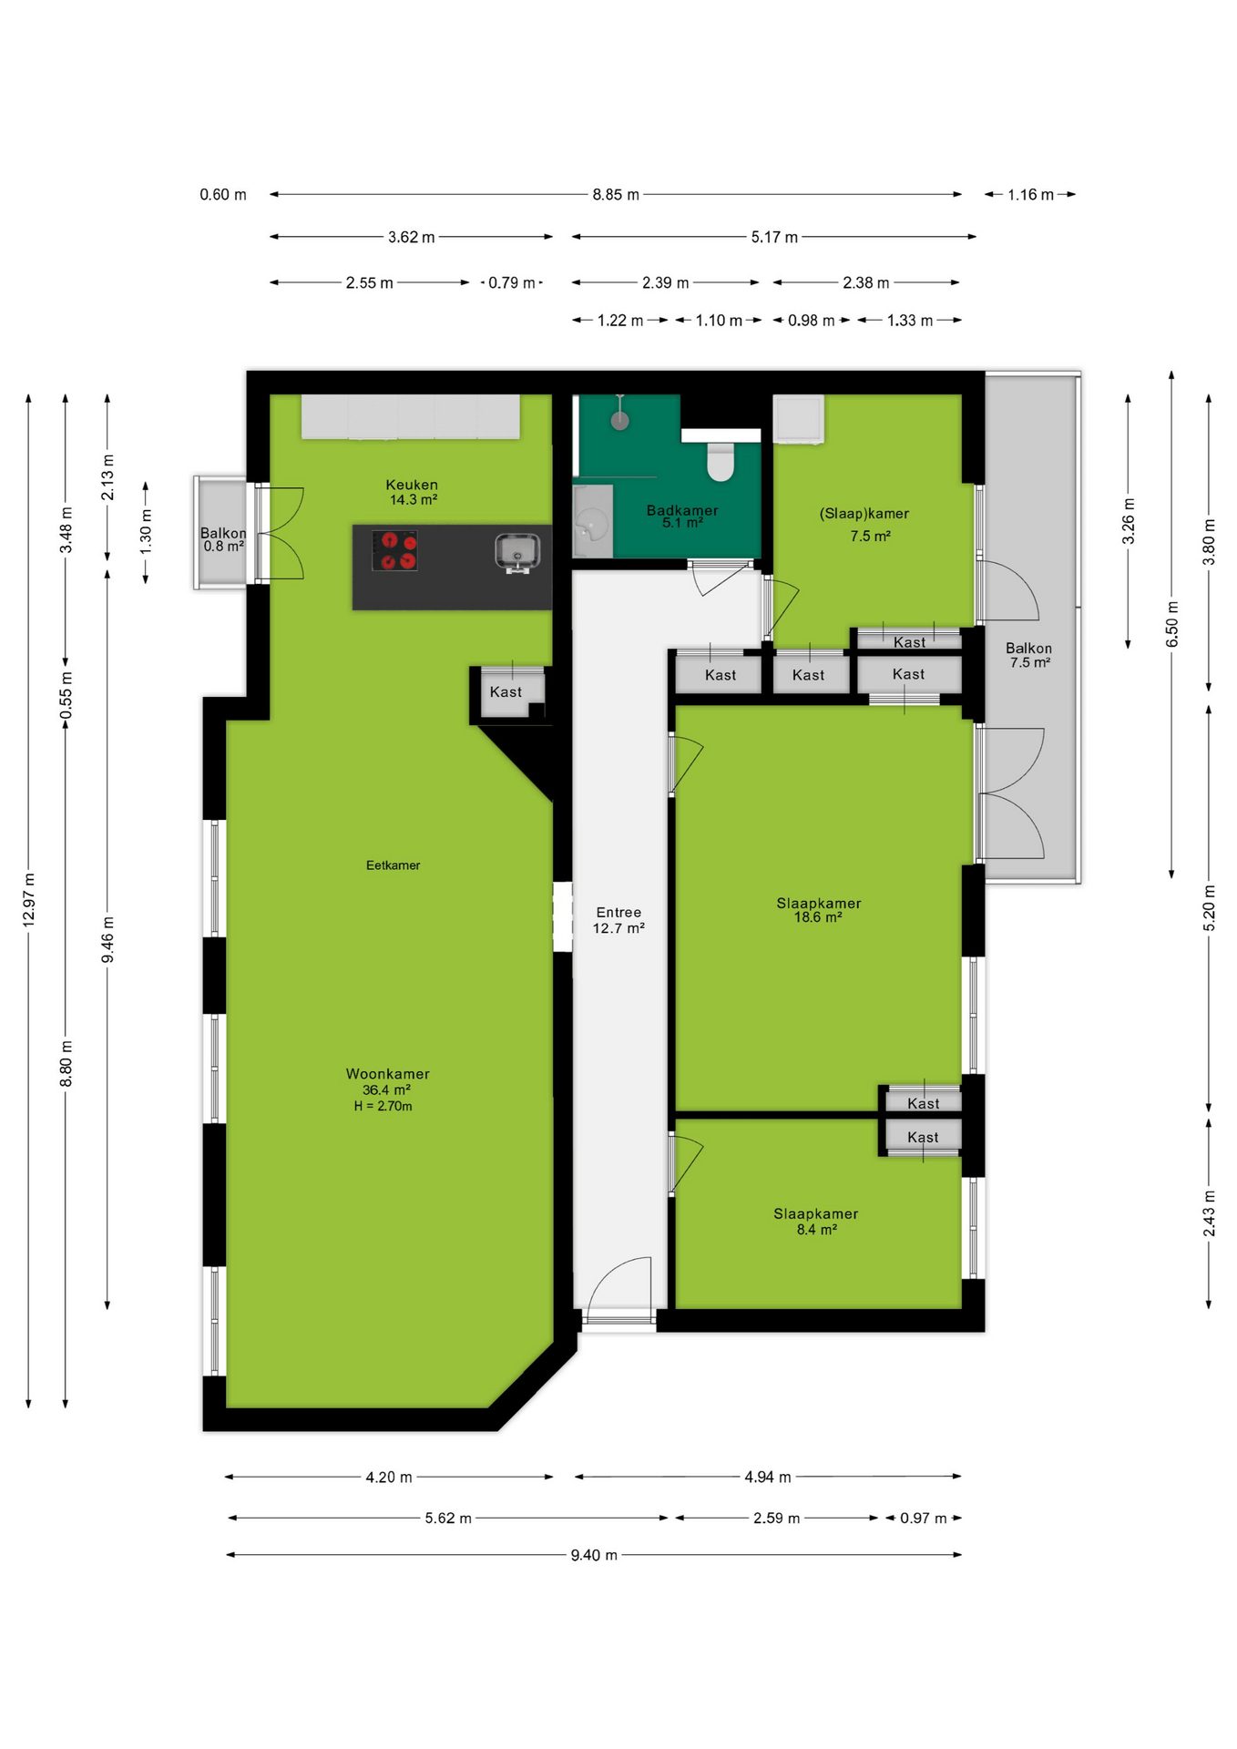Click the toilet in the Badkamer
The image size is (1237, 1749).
pos(721,461)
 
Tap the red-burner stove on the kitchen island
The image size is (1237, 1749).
pos(394,550)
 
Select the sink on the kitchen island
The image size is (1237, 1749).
pos(517,553)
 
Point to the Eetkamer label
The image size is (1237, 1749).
pos(393,865)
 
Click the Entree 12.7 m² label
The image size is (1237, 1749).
pos(618,920)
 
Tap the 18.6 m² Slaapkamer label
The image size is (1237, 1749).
pos(818,910)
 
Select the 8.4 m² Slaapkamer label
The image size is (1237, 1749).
pos(816,1222)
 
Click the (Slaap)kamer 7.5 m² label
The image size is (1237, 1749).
pos(864,525)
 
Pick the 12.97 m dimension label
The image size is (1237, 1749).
pos(29,900)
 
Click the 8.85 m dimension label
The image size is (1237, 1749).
pos(616,194)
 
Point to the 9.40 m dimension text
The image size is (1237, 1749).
pos(594,1555)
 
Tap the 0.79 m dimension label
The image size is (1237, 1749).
pos(512,282)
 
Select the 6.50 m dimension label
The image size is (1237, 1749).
pos(1172,624)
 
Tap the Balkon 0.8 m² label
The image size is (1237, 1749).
pos(223,539)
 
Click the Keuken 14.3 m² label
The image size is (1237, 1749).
pos(412,492)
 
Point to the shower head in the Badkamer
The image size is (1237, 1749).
pos(620,419)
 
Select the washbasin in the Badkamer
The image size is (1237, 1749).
pos(593,524)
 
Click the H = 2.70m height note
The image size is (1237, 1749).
pos(383,1106)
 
